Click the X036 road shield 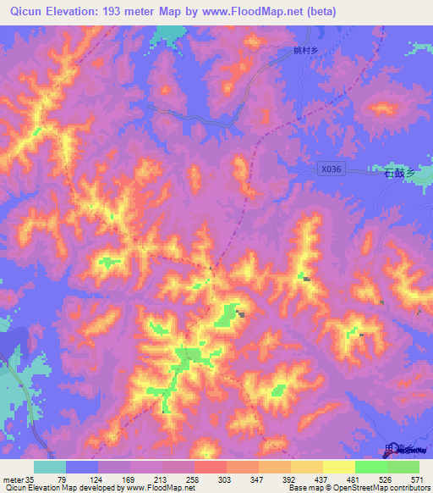coord(332,169)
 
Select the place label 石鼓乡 coord(401,173)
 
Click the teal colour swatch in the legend coord(50,467)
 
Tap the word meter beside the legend coord(12,479)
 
